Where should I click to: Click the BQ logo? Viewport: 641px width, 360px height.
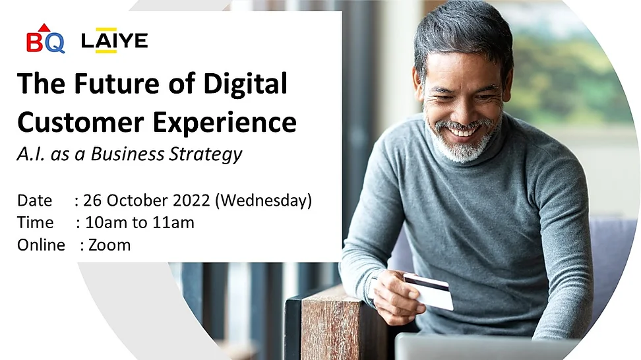(x=46, y=38)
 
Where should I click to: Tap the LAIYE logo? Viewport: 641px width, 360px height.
(x=115, y=40)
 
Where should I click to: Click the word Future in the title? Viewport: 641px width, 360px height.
(x=117, y=83)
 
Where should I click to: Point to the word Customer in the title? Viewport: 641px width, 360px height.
(x=80, y=122)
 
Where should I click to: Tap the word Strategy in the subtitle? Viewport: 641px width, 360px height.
(x=206, y=154)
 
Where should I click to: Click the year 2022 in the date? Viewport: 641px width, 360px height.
(x=191, y=200)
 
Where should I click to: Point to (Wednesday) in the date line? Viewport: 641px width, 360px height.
(x=263, y=200)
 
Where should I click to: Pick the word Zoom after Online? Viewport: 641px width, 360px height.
(x=109, y=245)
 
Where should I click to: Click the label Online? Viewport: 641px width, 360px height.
(x=41, y=245)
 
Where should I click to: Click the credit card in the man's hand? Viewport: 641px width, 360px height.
(x=429, y=291)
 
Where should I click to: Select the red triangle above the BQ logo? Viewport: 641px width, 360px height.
(x=45, y=28)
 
